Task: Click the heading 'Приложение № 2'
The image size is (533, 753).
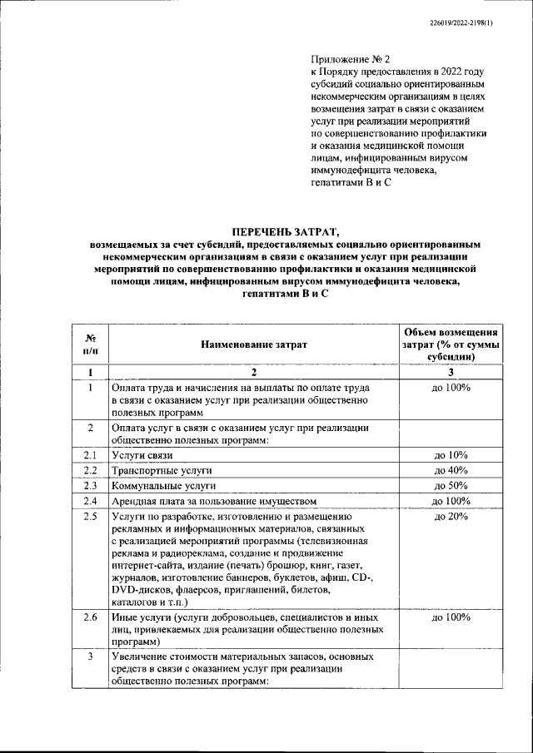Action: pyautogui.click(x=342, y=60)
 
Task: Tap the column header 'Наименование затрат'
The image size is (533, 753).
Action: pyautogui.click(x=252, y=344)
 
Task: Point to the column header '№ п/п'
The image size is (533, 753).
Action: pyautogui.click(x=90, y=344)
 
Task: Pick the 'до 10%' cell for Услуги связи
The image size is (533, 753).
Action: pyautogui.click(x=451, y=455)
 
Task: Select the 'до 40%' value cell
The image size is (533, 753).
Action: pyautogui.click(x=451, y=470)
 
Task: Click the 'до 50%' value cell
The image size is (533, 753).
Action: pyautogui.click(x=451, y=485)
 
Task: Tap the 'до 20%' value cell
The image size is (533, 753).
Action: pyautogui.click(x=451, y=517)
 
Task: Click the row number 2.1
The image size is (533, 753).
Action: pyautogui.click(x=91, y=455)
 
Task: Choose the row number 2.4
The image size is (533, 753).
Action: pyautogui.click(x=91, y=501)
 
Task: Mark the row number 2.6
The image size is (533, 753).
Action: pyautogui.click(x=91, y=618)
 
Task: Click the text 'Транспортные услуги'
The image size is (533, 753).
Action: pyautogui.click(x=162, y=470)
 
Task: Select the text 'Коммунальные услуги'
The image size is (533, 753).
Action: pyautogui.click(x=163, y=485)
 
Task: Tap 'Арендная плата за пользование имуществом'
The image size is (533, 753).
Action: pyautogui.click(x=214, y=501)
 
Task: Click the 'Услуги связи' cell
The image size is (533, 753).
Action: pyautogui.click(x=142, y=455)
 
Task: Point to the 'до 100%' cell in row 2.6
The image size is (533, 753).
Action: pyautogui.click(x=451, y=618)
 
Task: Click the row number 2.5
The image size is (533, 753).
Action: pyautogui.click(x=91, y=517)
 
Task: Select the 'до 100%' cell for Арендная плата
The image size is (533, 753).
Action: pyautogui.click(x=451, y=501)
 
